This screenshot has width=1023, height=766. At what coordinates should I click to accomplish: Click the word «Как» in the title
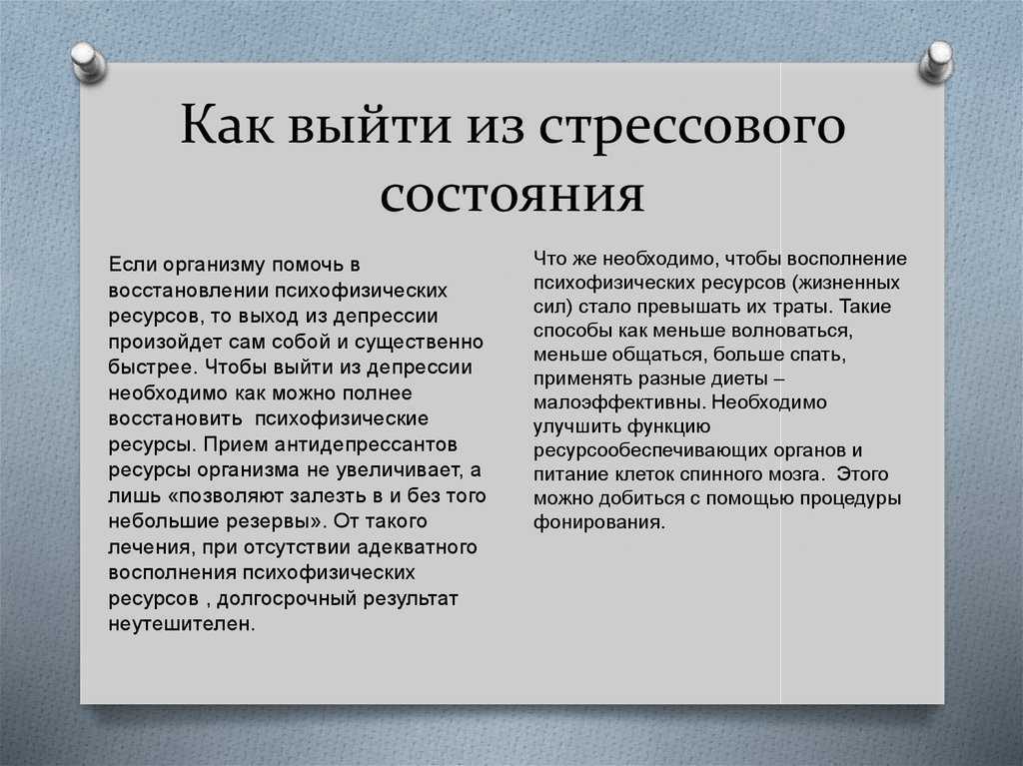(x=227, y=124)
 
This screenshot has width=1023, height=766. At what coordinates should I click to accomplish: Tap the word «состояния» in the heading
(x=512, y=195)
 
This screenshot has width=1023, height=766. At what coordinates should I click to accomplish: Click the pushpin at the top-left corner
(x=88, y=62)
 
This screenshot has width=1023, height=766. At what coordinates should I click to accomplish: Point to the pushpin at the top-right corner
(x=936, y=62)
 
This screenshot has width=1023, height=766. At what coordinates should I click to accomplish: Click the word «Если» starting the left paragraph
(x=133, y=265)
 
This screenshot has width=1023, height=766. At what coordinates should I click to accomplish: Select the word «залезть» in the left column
(x=328, y=496)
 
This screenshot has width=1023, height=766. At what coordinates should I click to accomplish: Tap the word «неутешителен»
(x=182, y=624)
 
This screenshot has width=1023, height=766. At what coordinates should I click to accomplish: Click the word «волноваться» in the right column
(x=791, y=331)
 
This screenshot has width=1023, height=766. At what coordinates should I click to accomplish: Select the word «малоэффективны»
(x=619, y=403)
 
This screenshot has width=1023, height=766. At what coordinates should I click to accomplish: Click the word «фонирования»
(x=599, y=522)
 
